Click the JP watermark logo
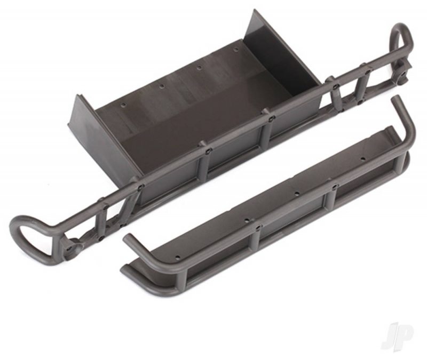(397, 334)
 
